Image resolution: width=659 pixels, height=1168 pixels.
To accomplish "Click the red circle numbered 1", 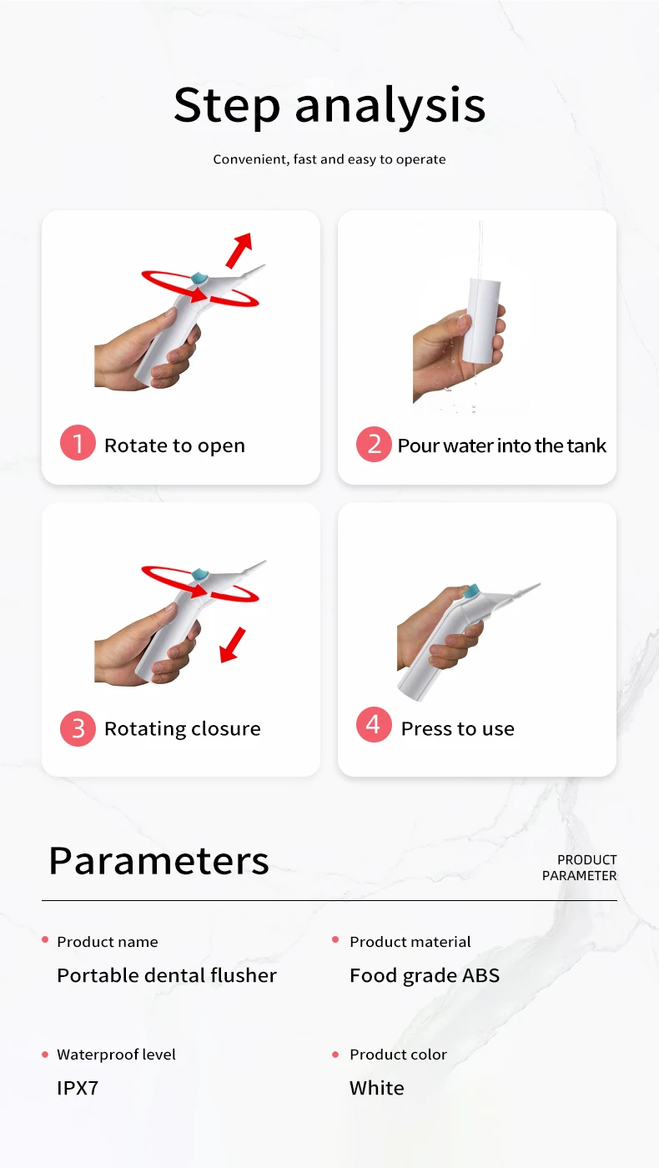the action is click(x=78, y=443).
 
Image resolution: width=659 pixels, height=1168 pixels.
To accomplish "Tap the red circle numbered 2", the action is click(x=374, y=444).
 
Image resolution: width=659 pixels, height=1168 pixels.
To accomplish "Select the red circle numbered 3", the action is click(x=78, y=728).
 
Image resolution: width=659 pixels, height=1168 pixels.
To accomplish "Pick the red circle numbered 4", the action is click(x=374, y=724).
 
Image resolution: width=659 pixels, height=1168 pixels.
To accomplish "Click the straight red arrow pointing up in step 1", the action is click(x=239, y=249).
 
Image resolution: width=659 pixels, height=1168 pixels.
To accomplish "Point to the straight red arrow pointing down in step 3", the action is click(x=233, y=645).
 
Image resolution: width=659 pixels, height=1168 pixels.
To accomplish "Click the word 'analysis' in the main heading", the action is click(x=390, y=106).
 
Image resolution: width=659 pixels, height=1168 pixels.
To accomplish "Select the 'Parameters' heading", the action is click(x=159, y=861).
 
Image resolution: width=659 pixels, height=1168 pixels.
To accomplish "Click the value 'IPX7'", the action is click(x=78, y=1088).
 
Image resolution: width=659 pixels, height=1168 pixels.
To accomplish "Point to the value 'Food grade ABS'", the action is click(x=425, y=975).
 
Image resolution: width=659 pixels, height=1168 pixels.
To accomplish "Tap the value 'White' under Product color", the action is click(x=376, y=1088).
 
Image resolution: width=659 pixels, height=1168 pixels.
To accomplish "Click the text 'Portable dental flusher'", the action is click(x=167, y=975).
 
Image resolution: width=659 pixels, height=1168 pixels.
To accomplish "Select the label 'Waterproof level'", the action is click(x=116, y=1055).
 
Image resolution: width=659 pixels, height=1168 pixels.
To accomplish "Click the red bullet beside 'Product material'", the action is click(x=335, y=939).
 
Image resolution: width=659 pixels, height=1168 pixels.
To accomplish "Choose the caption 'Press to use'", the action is click(x=458, y=728).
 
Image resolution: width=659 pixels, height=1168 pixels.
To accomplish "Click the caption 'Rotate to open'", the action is click(x=174, y=446).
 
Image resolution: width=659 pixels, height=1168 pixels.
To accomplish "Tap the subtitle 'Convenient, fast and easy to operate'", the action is click(x=329, y=159).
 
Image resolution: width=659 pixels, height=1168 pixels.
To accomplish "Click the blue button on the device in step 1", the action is click(x=199, y=278).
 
